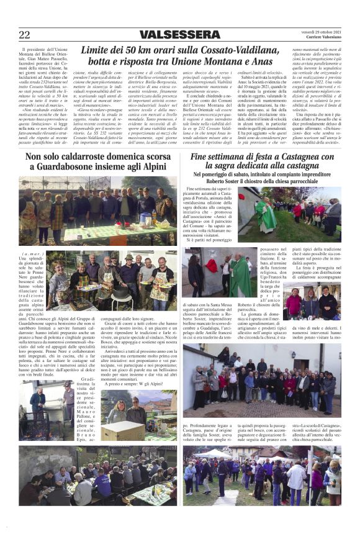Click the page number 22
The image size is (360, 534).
[x=24, y=35]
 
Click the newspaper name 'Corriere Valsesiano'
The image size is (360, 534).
[x=322, y=38]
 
